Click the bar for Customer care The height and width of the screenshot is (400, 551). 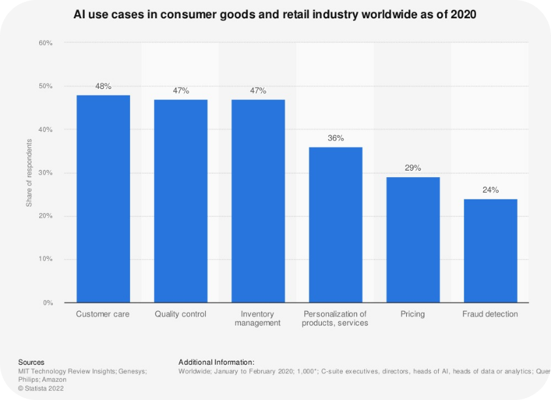click(103, 199)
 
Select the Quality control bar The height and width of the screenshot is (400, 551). click(181, 201)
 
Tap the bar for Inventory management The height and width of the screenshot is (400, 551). click(258, 201)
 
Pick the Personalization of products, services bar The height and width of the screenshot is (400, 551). click(336, 225)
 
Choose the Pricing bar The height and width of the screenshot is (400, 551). click(413, 240)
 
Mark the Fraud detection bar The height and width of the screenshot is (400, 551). click(490, 250)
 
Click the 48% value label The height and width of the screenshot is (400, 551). click(103, 86)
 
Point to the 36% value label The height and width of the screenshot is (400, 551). click(336, 138)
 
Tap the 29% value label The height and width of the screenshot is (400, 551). click(413, 168)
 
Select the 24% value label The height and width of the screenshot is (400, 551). click(490, 190)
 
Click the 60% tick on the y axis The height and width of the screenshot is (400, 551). click(45, 43)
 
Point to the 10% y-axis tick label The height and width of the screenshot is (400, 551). click(45, 259)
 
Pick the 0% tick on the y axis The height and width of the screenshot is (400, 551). click(47, 303)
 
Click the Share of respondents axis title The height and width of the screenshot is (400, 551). click(29, 173)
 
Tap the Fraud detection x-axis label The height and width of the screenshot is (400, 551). click(490, 314)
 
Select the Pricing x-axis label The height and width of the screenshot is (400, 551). click(413, 314)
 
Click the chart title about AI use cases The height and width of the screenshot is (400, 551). click(275, 14)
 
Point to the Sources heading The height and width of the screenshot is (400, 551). click(31, 362)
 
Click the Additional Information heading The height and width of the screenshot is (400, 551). click(216, 362)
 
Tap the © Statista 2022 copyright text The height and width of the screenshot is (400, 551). click(42, 388)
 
